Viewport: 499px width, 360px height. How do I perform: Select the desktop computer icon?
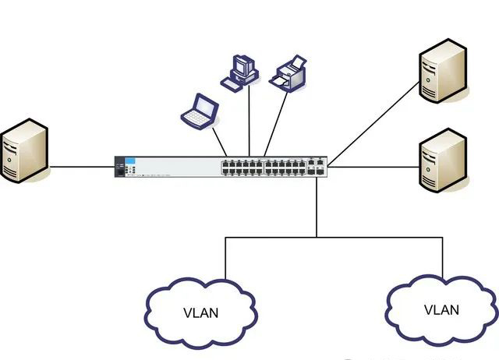click(x=240, y=72)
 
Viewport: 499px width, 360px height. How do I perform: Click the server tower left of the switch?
click(x=23, y=150)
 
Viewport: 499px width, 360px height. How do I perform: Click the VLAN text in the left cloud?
click(x=201, y=314)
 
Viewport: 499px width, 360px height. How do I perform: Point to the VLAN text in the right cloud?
click(x=441, y=310)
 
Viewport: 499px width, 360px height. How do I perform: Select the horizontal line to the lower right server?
click(x=374, y=166)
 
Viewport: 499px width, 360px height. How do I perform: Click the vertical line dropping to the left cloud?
click(x=226, y=257)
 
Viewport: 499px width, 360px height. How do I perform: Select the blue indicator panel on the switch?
click(x=131, y=160)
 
